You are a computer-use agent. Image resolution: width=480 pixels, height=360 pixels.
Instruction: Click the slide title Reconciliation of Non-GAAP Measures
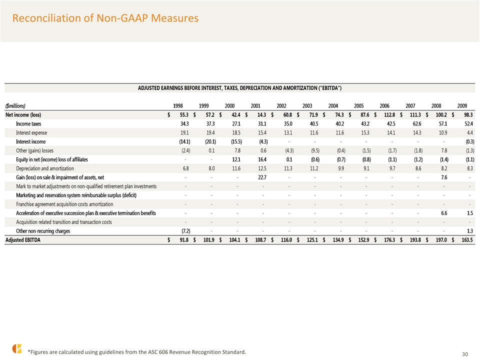coord(105,18)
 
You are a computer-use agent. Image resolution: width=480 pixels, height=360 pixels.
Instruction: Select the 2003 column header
coord(307,106)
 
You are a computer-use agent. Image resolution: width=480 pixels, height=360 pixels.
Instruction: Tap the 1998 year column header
coord(178,106)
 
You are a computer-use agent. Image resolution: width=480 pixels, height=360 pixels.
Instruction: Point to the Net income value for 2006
coord(389,115)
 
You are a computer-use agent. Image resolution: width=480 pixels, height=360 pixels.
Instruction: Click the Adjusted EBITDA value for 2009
coord(467,240)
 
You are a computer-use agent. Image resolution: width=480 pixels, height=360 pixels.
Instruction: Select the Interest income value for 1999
coord(210,141)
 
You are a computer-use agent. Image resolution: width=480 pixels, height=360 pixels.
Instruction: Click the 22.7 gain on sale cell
coord(262,177)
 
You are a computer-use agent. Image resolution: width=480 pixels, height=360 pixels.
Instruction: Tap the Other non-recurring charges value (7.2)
coord(186,231)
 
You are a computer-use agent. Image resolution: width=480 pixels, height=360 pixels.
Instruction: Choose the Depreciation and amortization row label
coord(45,168)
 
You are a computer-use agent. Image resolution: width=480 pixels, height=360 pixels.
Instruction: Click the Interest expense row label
coord(31,133)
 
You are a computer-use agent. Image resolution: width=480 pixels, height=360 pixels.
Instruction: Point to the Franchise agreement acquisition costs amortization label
coord(64,204)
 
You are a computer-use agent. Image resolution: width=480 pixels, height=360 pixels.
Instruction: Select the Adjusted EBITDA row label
coord(23,240)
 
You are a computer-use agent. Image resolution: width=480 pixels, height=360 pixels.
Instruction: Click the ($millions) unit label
coord(15,106)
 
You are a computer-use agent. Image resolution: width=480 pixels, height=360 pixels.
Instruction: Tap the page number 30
coord(465,354)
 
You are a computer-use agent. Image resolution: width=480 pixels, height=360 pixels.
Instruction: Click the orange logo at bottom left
coord(17,348)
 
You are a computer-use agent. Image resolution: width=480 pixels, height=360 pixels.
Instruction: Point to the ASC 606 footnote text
coord(137,352)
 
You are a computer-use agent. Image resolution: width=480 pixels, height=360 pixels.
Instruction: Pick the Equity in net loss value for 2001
coord(262,159)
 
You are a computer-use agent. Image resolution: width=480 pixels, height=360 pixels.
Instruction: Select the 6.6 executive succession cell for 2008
coord(444,213)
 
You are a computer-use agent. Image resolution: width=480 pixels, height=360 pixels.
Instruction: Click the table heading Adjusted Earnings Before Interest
coord(239,88)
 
